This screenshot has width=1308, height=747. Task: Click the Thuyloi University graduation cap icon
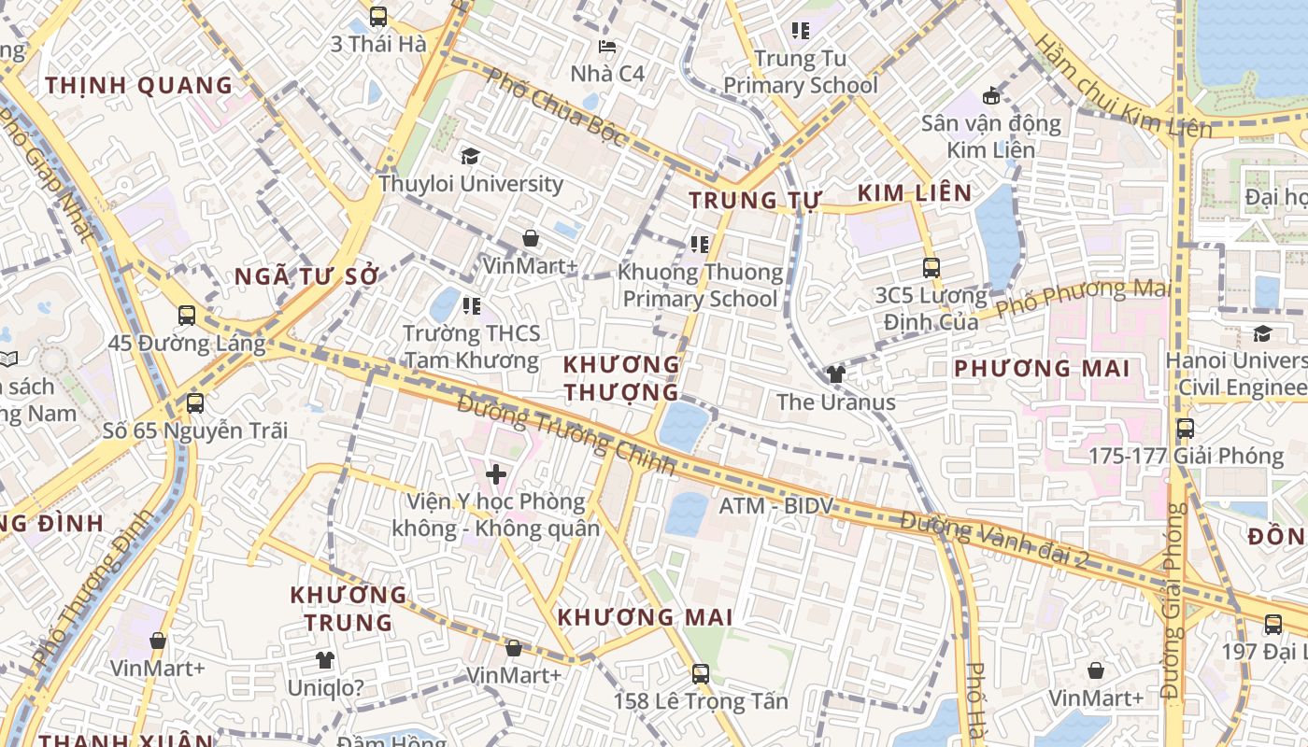pos(470,157)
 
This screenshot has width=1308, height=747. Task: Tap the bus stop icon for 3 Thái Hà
pos(377,17)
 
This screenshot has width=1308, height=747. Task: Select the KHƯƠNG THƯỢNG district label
pos(621,377)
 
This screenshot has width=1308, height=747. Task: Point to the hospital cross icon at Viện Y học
pos(496,474)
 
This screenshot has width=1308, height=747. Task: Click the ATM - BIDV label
pos(775,506)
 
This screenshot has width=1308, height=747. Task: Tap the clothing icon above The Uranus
pos(835,374)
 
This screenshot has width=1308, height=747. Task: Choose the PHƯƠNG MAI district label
pos(1042,368)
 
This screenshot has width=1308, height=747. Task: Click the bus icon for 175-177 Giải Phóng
pos(1185,429)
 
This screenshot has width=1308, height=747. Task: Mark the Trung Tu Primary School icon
pos(800,31)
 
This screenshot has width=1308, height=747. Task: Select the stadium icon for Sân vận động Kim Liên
pos(990,95)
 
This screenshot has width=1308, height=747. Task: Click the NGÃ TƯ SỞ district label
pos(307,276)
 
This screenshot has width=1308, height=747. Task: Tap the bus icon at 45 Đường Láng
pos(187,316)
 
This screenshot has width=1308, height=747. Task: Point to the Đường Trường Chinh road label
pos(566,434)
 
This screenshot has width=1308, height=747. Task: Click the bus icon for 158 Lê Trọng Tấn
pos(701,673)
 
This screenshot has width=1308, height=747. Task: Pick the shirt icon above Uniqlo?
pos(324,660)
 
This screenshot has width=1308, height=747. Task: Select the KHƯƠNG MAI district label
pos(645,617)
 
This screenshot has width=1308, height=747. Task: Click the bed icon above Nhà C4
pos(607,47)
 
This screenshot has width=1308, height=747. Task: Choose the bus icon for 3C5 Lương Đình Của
pos(931,268)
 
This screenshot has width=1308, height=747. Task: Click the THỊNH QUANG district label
pos(139,86)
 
